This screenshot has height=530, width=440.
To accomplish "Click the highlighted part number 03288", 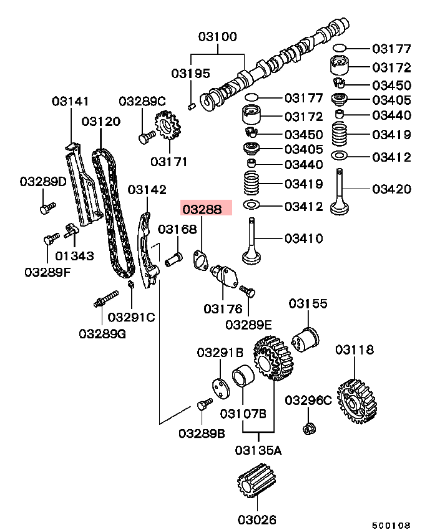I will (x=206, y=209).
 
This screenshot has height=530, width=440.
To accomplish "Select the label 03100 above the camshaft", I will (x=218, y=37).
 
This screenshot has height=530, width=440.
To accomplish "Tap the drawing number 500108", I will (x=391, y=525).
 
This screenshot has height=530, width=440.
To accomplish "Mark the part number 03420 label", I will (x=391, y=189).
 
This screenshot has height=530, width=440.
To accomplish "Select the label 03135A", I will (x=258, y=449).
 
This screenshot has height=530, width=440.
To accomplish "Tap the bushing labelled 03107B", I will (x=242, y=380).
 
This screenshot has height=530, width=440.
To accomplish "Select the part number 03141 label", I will (x=70, y=101).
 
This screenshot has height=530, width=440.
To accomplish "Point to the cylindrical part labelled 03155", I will (x=306, y=340).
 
